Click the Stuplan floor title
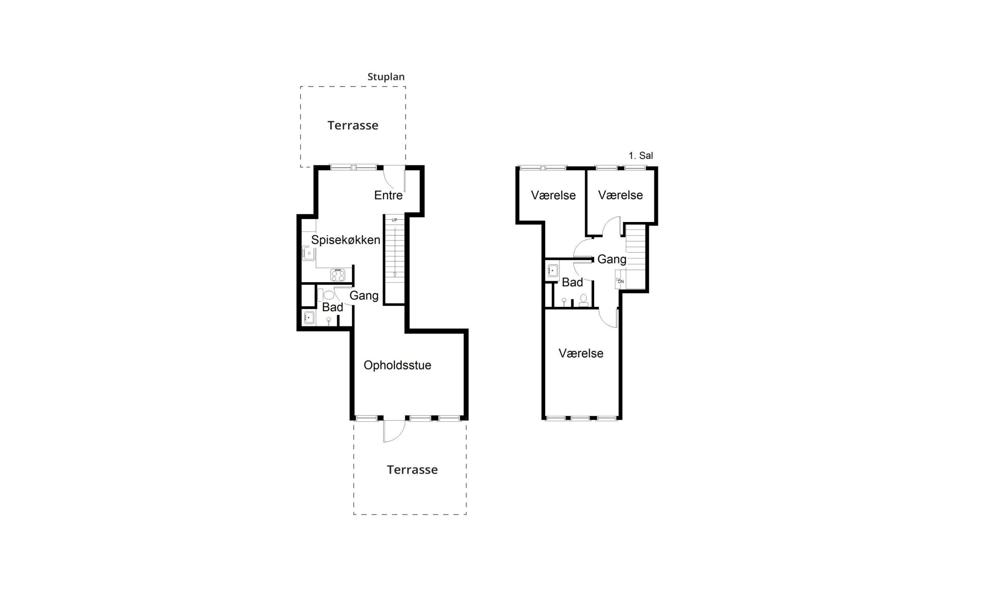(386, 77)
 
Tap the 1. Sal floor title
(641, 156)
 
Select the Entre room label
(388, 195)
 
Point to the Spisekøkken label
(345, 240)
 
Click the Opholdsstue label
(397, 365)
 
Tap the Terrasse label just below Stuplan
(353, 125)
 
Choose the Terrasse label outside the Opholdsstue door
(412, 469)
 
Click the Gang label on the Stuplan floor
(364, 296)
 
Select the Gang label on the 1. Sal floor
(611, 259)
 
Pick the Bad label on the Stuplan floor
(332, 307)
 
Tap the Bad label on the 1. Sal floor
(572, 283)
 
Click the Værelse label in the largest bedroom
(581, 353)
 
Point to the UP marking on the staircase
(394, 220)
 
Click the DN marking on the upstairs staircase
(620, 282)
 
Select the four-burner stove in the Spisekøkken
(337, 275)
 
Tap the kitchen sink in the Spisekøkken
(309, 253)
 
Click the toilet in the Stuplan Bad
(326, 295)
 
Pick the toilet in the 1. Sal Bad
(583, 299)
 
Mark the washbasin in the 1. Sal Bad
(552, 271)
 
